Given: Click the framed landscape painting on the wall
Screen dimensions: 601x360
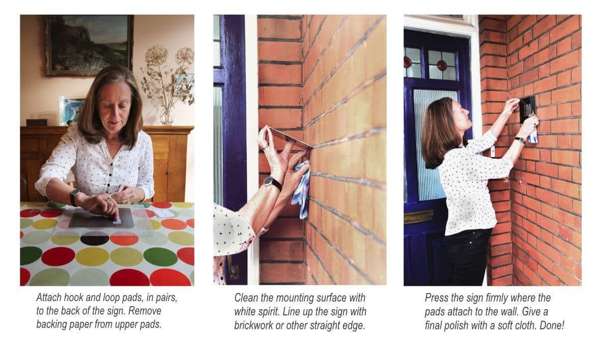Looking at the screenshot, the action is [89, 45].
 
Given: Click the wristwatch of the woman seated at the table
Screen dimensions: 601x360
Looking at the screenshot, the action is [74, 197].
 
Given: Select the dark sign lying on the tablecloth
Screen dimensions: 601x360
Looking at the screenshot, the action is [101, 218].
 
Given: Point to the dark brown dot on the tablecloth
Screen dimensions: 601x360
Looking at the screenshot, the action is [94, 238].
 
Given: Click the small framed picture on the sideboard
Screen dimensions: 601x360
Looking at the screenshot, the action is [71, 110].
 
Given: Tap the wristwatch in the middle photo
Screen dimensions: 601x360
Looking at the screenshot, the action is [273, 183].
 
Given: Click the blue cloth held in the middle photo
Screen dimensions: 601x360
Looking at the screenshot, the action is [301, 190].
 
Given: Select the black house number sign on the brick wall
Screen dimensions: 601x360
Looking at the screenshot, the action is [527, 109].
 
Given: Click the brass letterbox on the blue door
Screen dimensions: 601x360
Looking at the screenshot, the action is [418, 217].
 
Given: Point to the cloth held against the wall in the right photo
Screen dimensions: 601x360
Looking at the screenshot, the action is [532, 135].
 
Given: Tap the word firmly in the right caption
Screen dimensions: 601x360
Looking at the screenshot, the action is [487, 297].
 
